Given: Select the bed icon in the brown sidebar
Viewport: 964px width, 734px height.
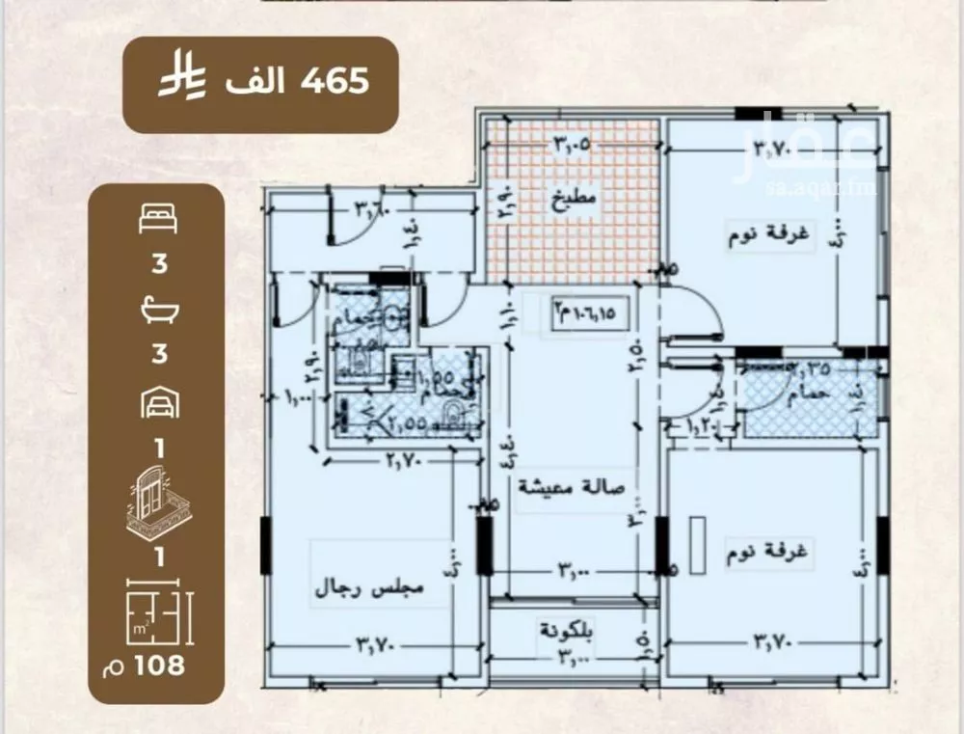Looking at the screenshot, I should [x=159, y=220].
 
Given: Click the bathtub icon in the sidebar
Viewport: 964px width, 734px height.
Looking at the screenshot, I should [x=158, y=311].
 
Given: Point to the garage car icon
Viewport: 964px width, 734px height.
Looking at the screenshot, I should [x=158, y=403].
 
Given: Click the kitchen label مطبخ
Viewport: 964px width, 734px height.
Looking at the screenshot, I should [x=575, y=203].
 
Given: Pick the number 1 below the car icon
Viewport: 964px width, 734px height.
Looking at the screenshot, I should [x=158, y=447].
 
